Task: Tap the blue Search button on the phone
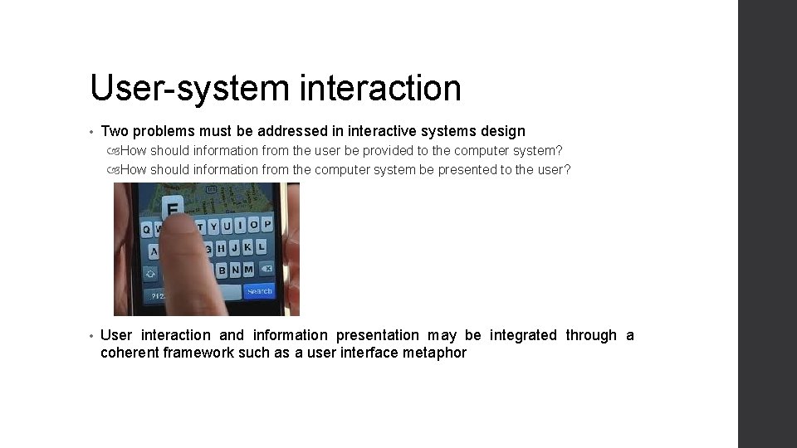(258, 291)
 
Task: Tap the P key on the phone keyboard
(267, 224)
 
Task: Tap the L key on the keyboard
(261, 247)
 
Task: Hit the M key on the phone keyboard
(249, 270)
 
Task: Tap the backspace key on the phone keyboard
(266, 269)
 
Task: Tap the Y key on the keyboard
(212, 226)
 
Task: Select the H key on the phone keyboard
(221, 248)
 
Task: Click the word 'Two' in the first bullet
(115, 131)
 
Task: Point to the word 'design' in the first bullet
(503, 131)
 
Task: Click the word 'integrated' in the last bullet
(523, 335)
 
